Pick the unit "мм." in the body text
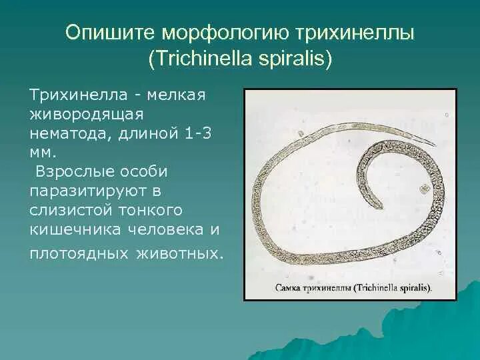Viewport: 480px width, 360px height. click(x=41, y=153)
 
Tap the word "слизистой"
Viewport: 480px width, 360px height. click(x=68, y=210)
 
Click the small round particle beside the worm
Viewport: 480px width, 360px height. click(x=423, y=190)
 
